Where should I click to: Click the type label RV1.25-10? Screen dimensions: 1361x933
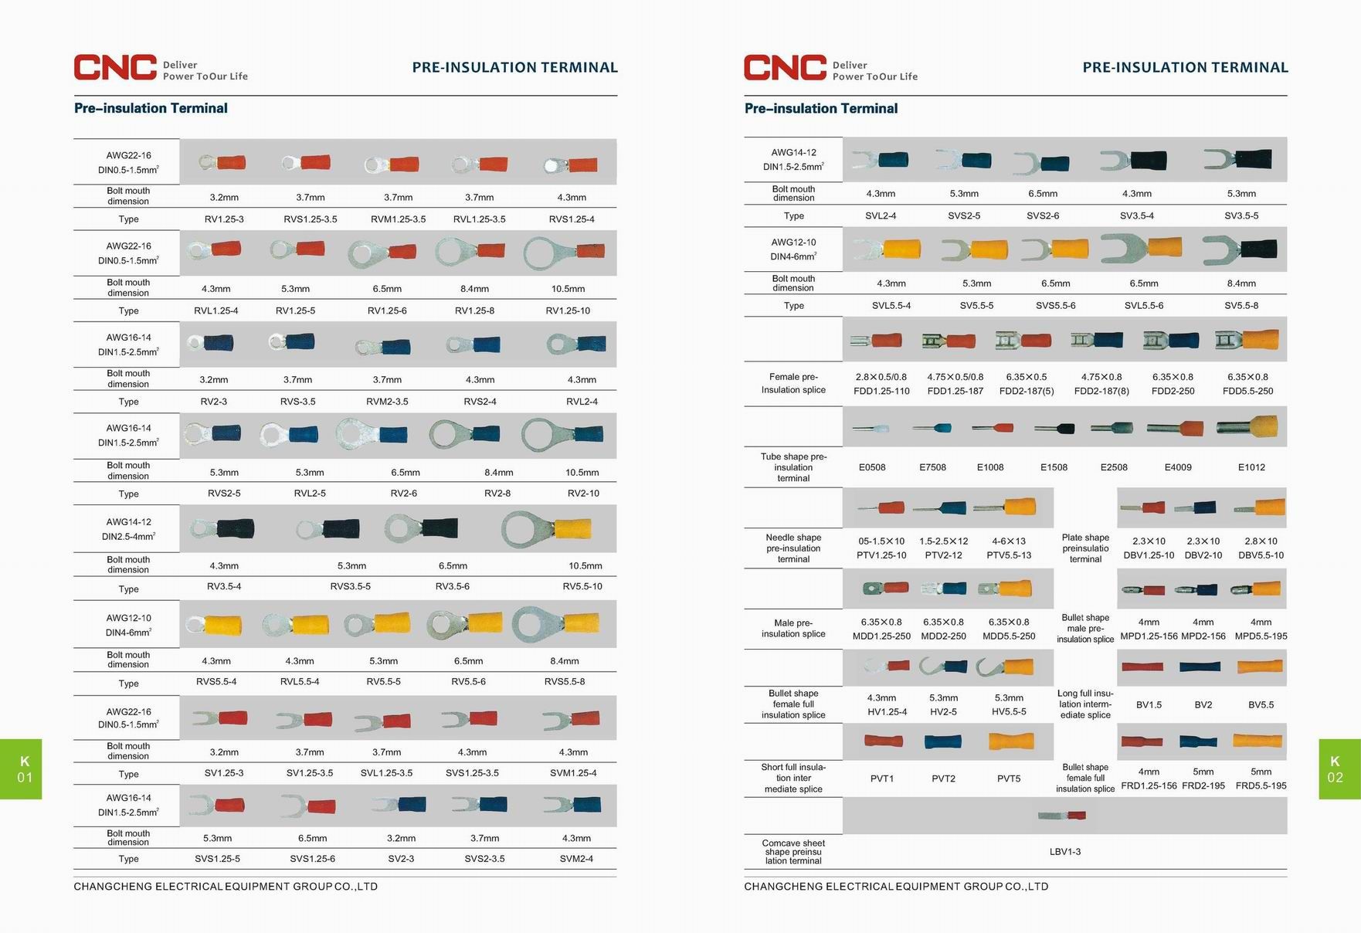pyautogui.click(x=568, y=310)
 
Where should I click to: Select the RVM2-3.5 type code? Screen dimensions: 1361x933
pyautogui.click(x=387, y=402)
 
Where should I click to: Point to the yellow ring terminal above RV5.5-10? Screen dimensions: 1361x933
pyautogui.click(x=547, y=529)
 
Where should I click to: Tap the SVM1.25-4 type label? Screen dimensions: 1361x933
pyautogui.click(x=573, y=773)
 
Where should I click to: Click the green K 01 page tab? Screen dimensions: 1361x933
pyautogui.click(x=21, y=769)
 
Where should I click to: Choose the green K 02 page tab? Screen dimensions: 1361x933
pyautogui.click(x=1339, y=769)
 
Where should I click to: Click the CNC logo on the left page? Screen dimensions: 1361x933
pyautogui.click(x=115, y=67)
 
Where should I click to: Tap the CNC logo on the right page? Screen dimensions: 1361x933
pyautogui.click(x=785, y=67)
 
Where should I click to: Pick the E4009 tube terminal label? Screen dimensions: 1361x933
pyautogui.click(x=1178, y=467)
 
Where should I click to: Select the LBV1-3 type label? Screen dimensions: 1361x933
pyautogui.click(x=1065, y=852)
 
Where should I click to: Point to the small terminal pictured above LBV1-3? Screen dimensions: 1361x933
pyautogui.click(x=1062, y=816)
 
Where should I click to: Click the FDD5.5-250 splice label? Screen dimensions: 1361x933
pyautogui.click(x=1247, y=392)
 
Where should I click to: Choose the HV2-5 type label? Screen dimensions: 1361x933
pyautogui.click(x=943, y=712)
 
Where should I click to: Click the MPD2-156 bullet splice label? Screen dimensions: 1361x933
pyautogui.click(x=1203, y=636)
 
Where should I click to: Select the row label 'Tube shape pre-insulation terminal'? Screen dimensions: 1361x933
pyautogui.click(x=793, y=467)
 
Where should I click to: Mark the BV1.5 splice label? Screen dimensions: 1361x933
pyautogui.click(x=1149, y=705)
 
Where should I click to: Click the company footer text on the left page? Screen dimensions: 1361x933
pyautogui.click(x=226, y=887)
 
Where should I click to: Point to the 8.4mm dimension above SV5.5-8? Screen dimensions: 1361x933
pyautogui.click(x=1241, y=283)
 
